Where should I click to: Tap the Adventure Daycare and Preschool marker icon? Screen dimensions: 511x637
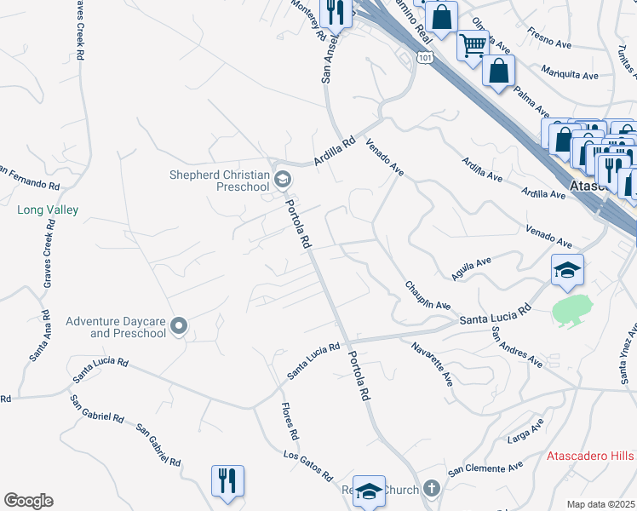click(x=179, y=326)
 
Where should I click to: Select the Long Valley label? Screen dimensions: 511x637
click(x=48, y=210)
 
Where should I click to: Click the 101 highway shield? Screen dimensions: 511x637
click(x=425, y=56)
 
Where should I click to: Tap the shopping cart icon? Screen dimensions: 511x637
click(x=473, y=43)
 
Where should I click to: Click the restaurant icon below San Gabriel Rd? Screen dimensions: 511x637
click(x=227, y=480)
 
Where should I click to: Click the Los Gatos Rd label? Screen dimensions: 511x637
click(x=307, y=466)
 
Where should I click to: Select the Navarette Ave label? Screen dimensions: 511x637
click(x=432, y=363)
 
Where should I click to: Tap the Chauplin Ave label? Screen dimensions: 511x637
click(x=427, y=294)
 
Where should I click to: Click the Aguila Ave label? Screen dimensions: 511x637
click(x=473, y=270)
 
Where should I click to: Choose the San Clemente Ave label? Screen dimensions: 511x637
click(x=485, y=468)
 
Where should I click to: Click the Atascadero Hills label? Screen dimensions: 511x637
click(x=590, y=456)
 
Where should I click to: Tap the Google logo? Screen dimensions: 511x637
click(x=28, y=501)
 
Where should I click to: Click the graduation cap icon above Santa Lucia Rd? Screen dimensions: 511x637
click(x=568, y=270)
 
